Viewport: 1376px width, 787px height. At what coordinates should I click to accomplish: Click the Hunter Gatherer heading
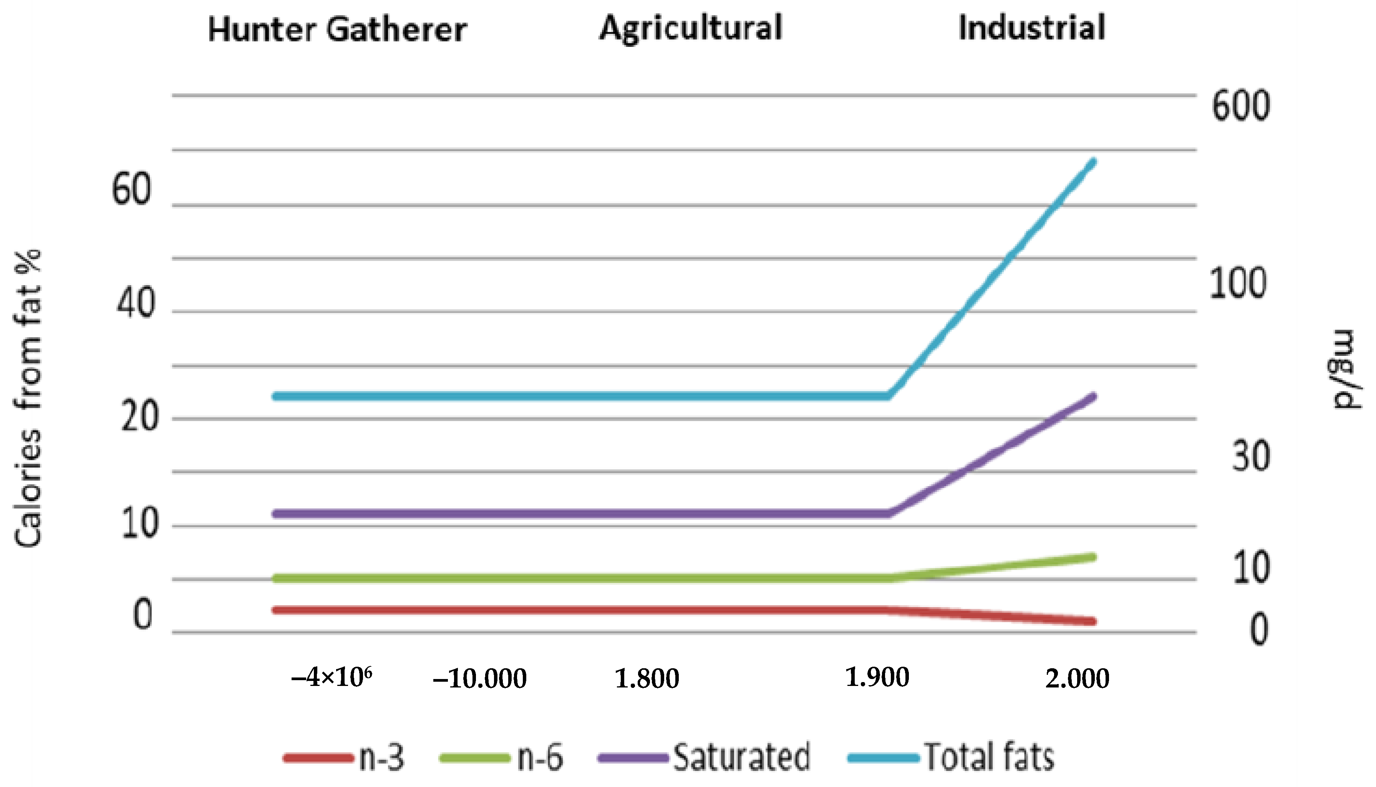coord(337,29)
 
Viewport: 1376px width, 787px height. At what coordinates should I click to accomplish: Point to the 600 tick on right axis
coord(1240,106)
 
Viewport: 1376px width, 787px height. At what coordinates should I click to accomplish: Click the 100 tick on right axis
coord(1237,283)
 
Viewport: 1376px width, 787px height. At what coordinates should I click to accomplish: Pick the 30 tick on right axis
coord(1251,456)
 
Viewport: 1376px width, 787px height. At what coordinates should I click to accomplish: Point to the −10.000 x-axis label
coord(480,678)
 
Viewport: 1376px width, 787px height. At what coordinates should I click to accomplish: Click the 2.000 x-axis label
coord(1077,678)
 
